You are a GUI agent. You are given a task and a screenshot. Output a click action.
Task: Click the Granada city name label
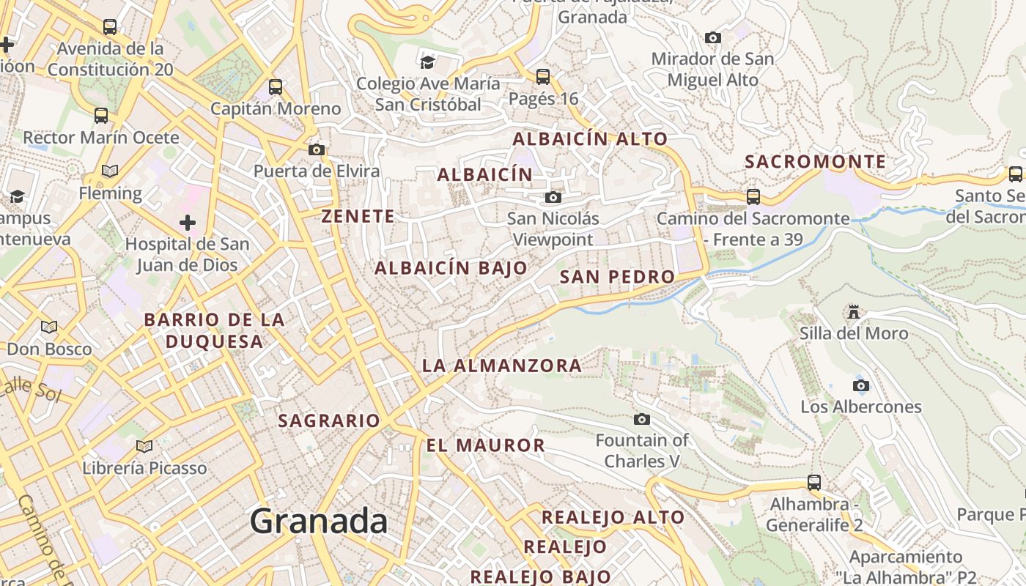(319, 521)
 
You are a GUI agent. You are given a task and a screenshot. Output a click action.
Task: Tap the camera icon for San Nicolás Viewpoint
(553, 197)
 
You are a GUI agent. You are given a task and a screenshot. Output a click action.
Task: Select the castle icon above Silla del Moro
(854, 313)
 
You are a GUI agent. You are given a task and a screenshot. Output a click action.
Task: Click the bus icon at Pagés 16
(543, 76)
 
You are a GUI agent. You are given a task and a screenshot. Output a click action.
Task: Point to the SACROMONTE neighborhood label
(815, 162)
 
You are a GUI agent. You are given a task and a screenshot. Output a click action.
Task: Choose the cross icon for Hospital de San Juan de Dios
(188, 222)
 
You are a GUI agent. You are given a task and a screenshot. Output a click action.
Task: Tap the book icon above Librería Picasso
(144, 446)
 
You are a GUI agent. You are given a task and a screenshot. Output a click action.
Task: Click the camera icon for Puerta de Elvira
(317, 149)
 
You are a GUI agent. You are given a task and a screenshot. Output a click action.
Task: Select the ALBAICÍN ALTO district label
(590, 138)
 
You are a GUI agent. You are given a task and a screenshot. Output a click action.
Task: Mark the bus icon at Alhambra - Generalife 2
(814, 482)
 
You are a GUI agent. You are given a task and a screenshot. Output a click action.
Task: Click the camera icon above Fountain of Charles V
(642, 419)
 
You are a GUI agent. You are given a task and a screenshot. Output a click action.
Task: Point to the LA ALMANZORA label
(502, 365)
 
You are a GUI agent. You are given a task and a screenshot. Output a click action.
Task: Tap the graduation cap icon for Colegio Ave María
(427, 62)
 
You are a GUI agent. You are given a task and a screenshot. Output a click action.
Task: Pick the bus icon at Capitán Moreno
(276, 86)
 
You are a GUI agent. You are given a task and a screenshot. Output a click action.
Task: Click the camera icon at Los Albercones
(861, 385)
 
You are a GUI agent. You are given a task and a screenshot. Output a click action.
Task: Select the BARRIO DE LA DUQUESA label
(214, 330)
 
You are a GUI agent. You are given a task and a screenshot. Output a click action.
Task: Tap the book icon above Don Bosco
(49, 327)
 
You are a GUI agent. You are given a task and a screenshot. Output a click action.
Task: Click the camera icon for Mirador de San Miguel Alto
(712, 37)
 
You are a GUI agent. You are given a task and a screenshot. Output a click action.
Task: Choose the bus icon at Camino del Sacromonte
(753, 196)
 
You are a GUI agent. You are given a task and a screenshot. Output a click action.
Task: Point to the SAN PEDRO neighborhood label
(617, 277)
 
